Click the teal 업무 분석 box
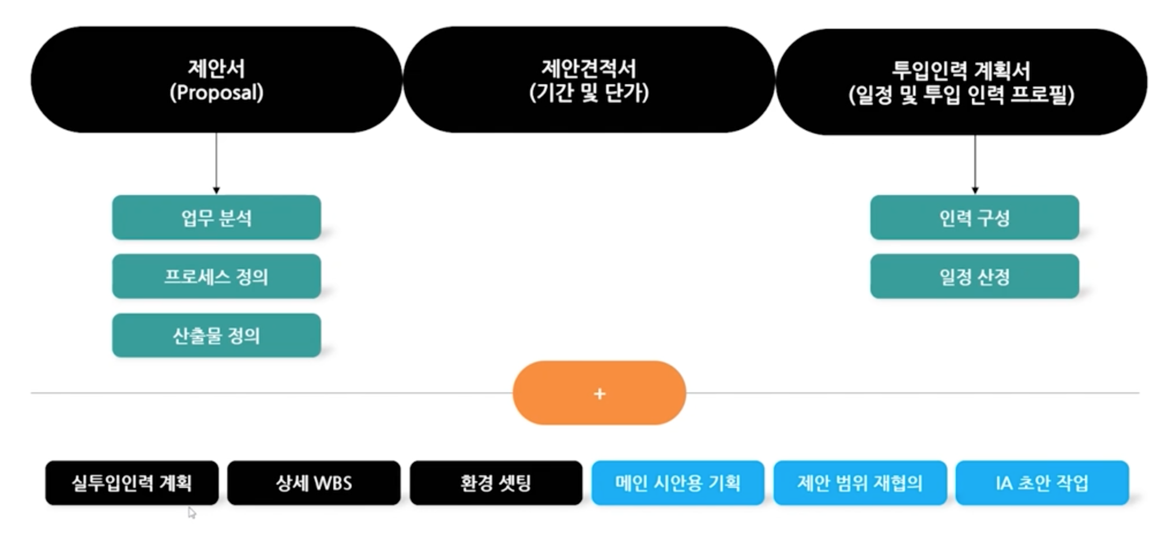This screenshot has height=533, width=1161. point(216,217)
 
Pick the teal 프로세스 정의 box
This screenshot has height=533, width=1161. point(216,276)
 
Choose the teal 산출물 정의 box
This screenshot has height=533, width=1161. point(216,335)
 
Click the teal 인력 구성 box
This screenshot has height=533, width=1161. point(974,217)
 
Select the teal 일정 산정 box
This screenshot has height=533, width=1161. point(974,276)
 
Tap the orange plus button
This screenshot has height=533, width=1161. point(599,393)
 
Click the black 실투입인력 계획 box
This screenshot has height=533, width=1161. point(131,483)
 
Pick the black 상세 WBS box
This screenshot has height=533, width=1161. point(314,483)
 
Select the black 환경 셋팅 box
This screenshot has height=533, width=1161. point(496,483)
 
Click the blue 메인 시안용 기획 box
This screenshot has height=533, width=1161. point(677,483)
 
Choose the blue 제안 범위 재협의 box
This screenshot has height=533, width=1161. point(860,483)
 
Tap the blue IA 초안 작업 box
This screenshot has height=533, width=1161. point(1042,483)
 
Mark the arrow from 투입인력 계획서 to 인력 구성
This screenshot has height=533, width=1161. point(975,164)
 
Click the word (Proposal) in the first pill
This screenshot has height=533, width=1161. point(216,92)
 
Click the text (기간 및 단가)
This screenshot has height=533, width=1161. point(589,92)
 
